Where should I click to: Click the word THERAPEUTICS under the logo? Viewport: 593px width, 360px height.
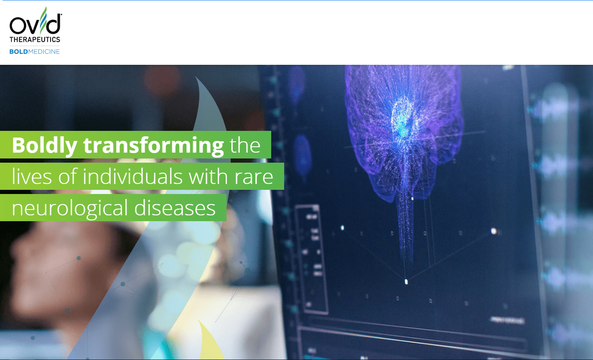[35, 40]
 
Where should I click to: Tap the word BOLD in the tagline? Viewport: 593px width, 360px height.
[18, 51]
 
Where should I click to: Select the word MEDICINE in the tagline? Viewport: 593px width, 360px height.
[44, 51]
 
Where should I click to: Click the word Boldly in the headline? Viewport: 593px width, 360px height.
[44, 145]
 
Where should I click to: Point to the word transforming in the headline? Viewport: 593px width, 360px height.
[153, 145]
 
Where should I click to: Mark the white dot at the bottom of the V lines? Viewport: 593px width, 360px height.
[406, 282]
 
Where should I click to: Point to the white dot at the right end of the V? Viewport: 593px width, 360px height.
[494, 231]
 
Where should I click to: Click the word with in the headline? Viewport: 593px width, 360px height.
[207, 176]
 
